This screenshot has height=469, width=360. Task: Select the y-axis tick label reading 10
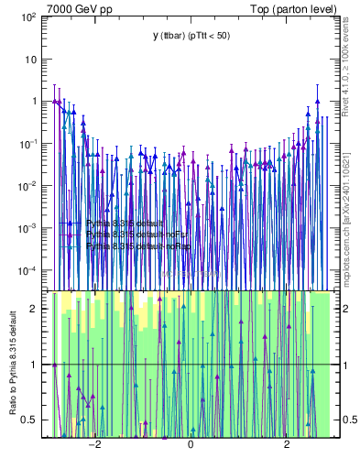click(30, 60)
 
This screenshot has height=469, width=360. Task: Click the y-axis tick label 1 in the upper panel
click(33, 102)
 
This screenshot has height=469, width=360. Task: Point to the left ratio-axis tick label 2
click(33, 308)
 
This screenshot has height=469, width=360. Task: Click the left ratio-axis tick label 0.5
click(29, 420)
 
